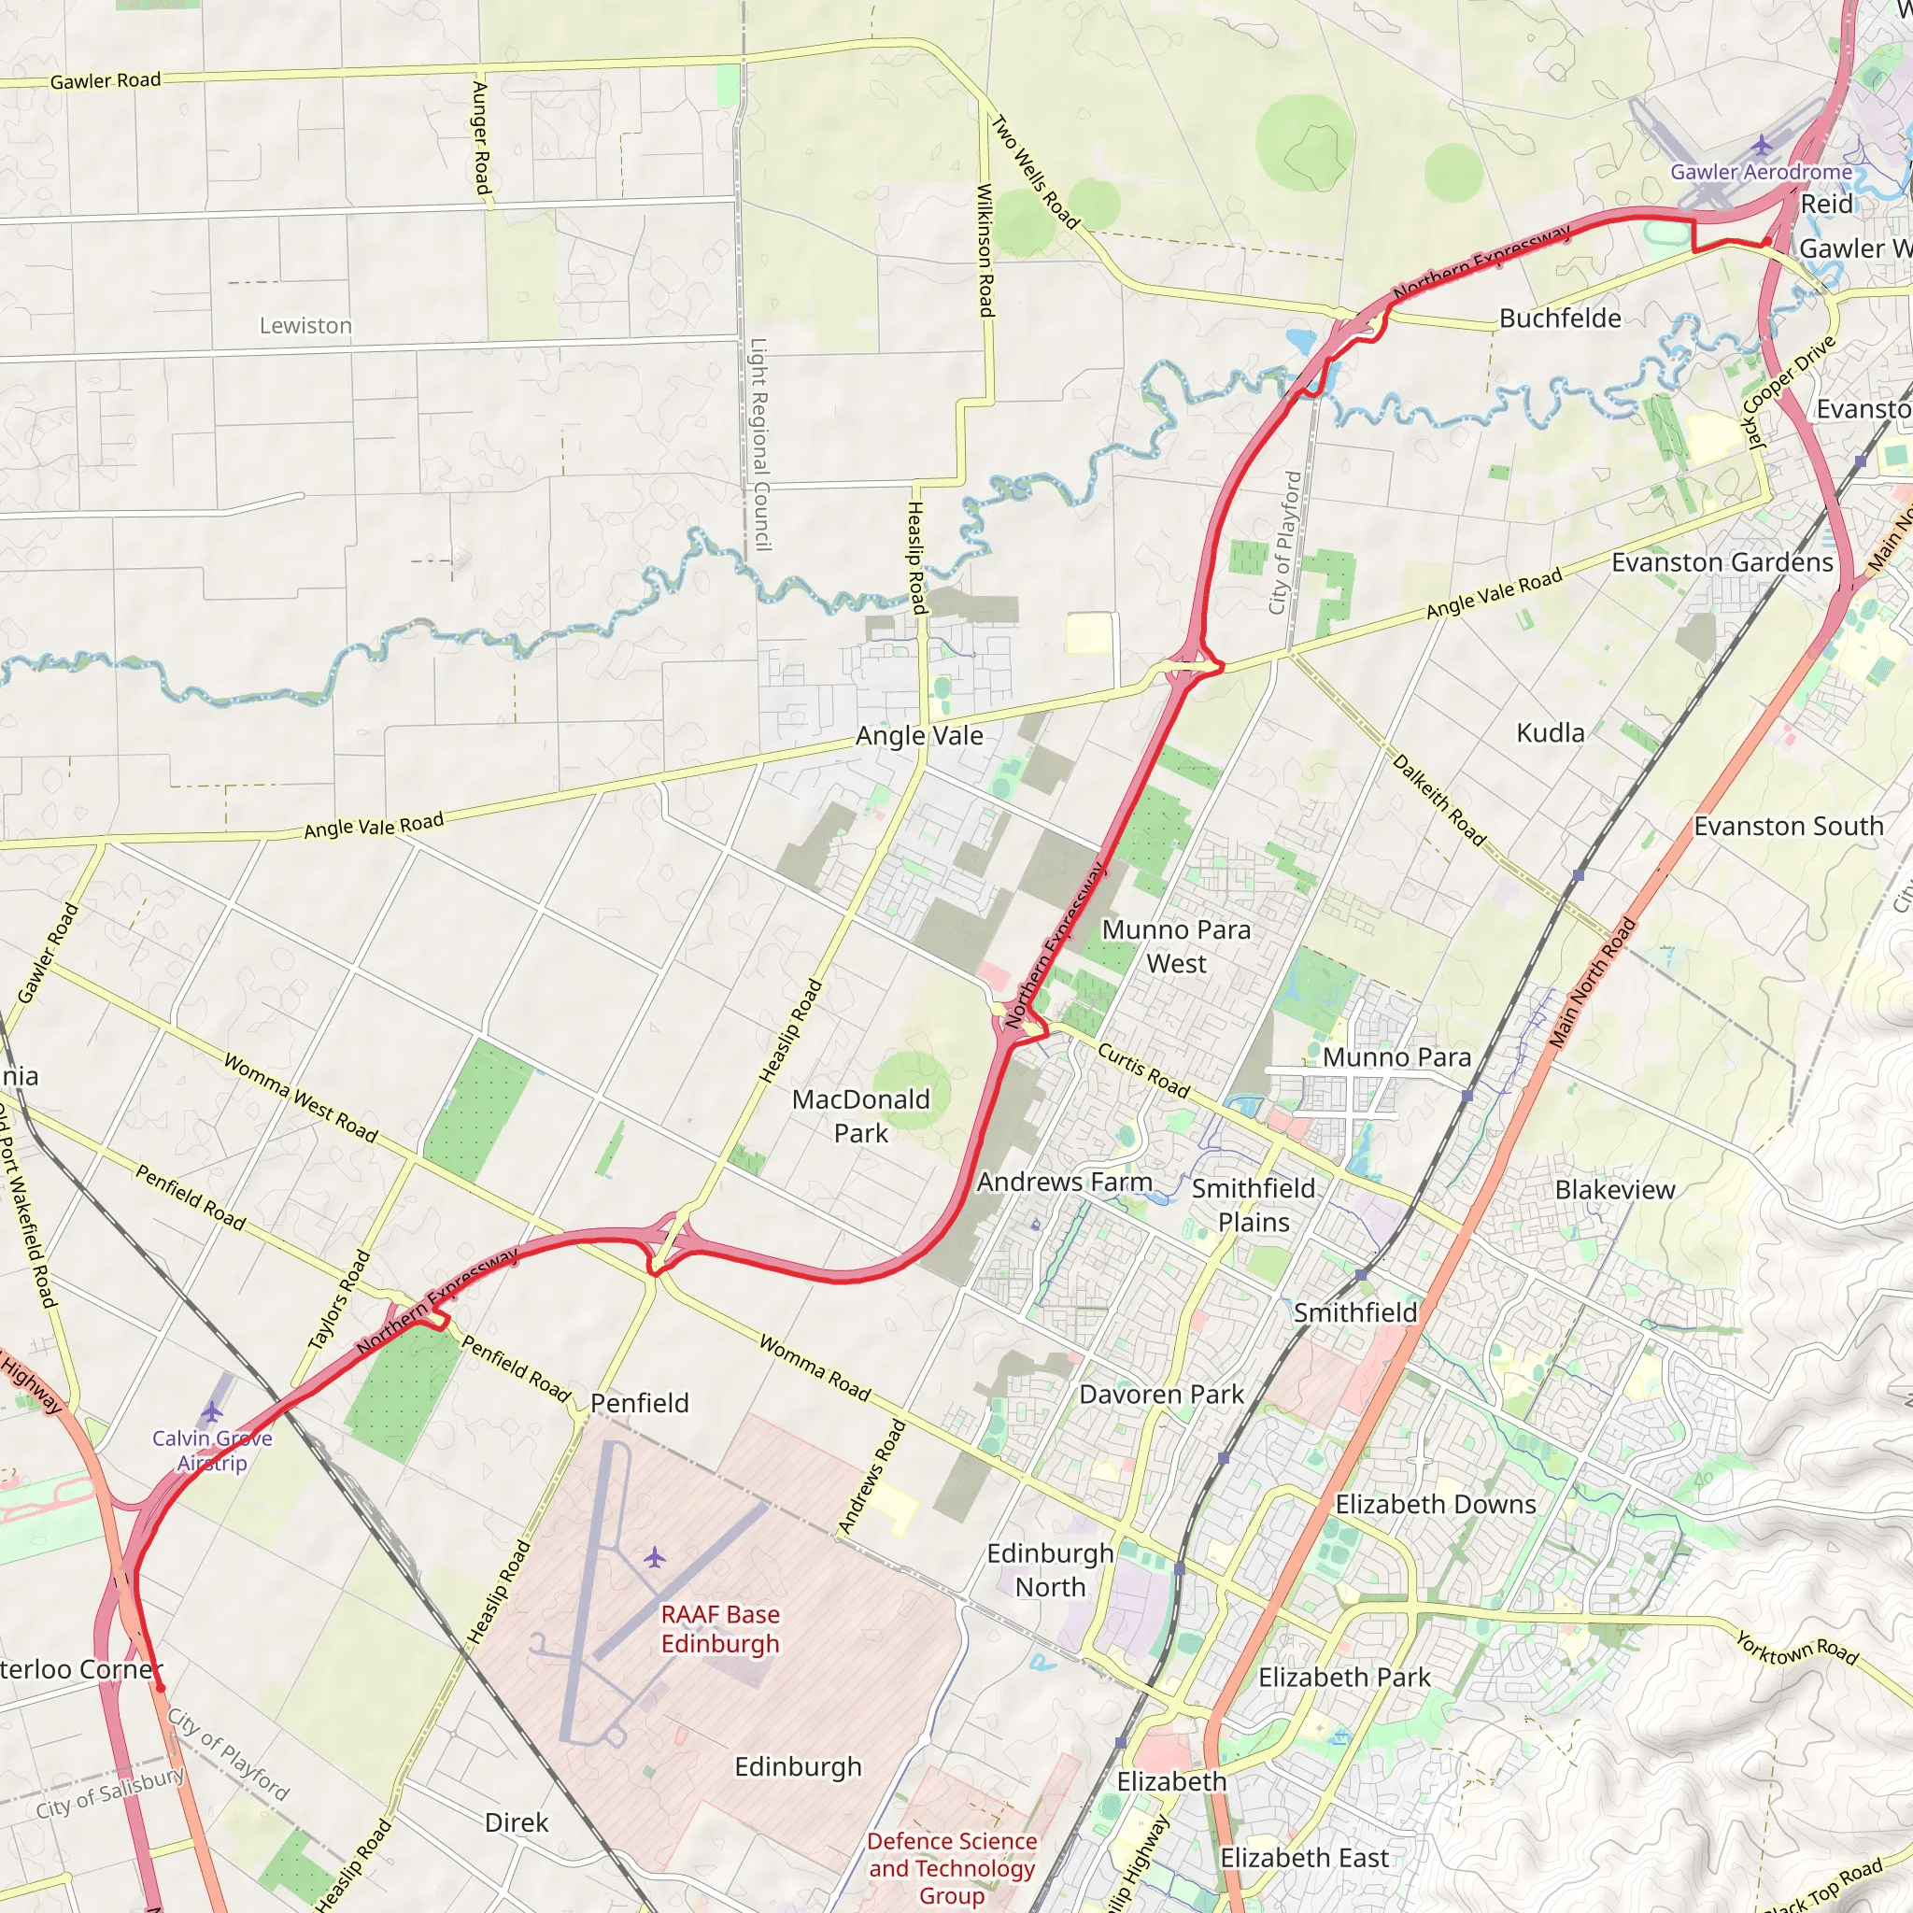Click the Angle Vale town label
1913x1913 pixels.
919,736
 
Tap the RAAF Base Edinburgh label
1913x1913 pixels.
720,1629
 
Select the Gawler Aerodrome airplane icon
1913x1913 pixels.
1761,146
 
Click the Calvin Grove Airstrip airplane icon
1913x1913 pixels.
212,1411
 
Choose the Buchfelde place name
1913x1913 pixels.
1560,319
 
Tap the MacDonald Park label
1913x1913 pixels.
860,1116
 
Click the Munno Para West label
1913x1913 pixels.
1175,946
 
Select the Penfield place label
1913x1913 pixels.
639,1403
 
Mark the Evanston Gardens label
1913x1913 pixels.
1722,562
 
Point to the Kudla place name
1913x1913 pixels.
1550,732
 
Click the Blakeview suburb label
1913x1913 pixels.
1614,1190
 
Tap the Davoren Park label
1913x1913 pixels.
1160,1395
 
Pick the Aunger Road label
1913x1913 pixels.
481,137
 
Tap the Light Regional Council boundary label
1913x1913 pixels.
759,444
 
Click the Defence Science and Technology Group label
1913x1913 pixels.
952,1867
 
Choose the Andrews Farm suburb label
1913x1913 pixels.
1065,1183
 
